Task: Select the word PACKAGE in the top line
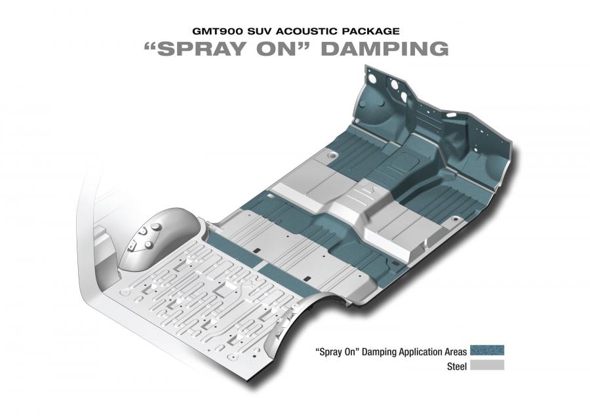370,31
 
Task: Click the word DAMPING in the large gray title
385,49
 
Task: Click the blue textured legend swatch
487,350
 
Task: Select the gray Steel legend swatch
487,365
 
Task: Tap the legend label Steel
457,367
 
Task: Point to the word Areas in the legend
455,352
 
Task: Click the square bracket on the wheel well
132,247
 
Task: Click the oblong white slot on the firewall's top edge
452,115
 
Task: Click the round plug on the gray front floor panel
332,155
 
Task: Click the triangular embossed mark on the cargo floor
125,292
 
